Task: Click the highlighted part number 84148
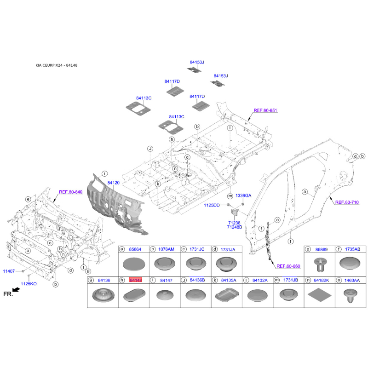[x=135, y=280]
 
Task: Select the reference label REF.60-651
[x=265, y=110]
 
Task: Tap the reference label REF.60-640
[x=71, y=192]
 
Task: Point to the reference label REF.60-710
[x=347, y=202]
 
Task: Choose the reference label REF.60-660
[x=288, y=266]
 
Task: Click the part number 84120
[x=113, y=183]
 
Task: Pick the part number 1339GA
[x=243, y=195]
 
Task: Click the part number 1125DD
[x=212, y=205]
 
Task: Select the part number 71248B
[x=235, y=227]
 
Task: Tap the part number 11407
[x=9, y=271]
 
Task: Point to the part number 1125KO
[x=29, y=284]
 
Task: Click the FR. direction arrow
[x=16, y=290]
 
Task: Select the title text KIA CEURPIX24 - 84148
[x=56, y=65]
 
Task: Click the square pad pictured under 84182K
[x=319, y=295]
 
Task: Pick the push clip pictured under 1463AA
[x=350, y=295]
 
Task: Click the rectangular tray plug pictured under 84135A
[x=227, y=295]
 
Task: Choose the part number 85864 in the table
[x=135, y=249]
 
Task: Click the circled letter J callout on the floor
[x=150, y=149]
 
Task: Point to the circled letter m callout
[x=230, y=196]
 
